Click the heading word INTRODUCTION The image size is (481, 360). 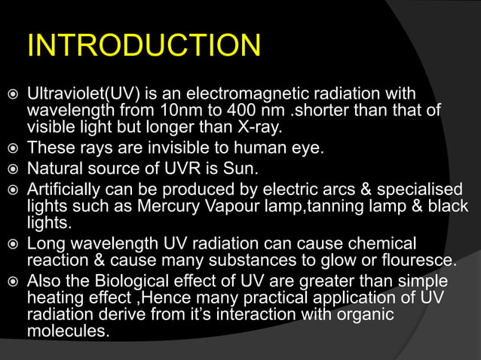[x=143, y=46]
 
